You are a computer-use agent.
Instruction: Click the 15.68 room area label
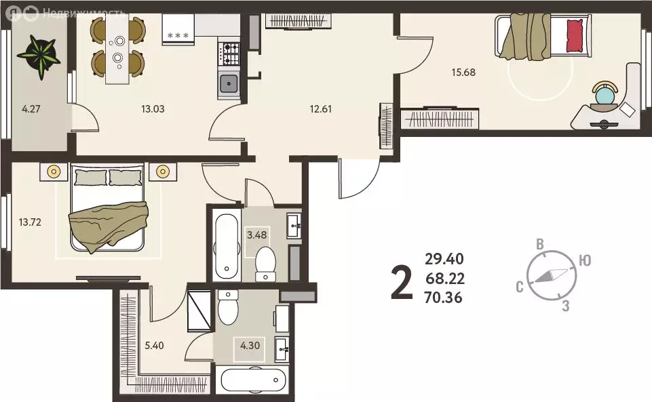463,73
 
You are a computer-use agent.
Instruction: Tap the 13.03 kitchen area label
153,109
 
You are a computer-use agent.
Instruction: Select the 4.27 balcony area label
31,109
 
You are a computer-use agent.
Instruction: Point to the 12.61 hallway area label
321,109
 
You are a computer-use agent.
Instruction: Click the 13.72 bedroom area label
30,222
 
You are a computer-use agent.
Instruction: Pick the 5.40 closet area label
154,346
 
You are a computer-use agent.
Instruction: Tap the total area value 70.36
443,298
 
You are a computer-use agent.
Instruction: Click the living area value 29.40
444,259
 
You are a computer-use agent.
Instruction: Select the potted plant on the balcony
39,56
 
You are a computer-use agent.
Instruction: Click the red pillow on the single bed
575,36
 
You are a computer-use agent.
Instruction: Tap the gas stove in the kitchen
229,54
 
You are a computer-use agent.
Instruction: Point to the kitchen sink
229,84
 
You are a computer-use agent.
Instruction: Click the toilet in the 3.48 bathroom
265,264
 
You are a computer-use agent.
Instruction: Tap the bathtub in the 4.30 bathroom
253,380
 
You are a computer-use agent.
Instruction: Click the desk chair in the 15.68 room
605,96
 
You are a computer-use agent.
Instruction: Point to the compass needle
551,276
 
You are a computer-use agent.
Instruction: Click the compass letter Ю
585,260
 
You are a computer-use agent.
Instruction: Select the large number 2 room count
402,283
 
